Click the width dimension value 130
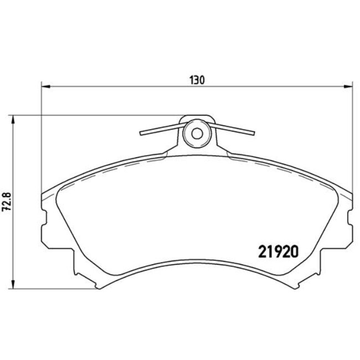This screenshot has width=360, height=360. point(197,80)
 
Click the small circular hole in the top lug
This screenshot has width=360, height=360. point(197,133)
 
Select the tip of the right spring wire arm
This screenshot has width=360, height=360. point(254,133)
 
